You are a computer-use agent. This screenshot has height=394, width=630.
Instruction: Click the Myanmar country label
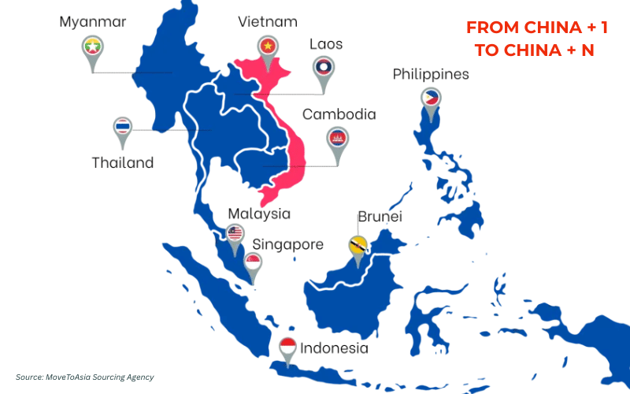point(93,21)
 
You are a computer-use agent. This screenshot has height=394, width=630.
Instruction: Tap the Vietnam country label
point(268,21)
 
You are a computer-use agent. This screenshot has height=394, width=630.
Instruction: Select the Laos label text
point(325,44)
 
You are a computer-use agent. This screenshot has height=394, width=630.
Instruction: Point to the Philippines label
point(431,75)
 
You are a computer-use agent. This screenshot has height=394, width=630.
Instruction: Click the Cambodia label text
point(339,114)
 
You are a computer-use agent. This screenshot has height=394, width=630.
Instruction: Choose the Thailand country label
point(122,163)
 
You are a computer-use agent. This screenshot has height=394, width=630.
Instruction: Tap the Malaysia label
point(259,214)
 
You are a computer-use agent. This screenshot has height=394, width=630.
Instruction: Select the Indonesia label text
point(334,348)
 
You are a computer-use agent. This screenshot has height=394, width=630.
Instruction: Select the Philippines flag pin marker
point(430,99)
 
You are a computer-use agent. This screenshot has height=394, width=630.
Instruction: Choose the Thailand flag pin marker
point(122,128)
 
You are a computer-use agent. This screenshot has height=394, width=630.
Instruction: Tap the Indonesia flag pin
point(288,348)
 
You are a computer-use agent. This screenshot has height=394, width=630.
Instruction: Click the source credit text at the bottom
point(85,377)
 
